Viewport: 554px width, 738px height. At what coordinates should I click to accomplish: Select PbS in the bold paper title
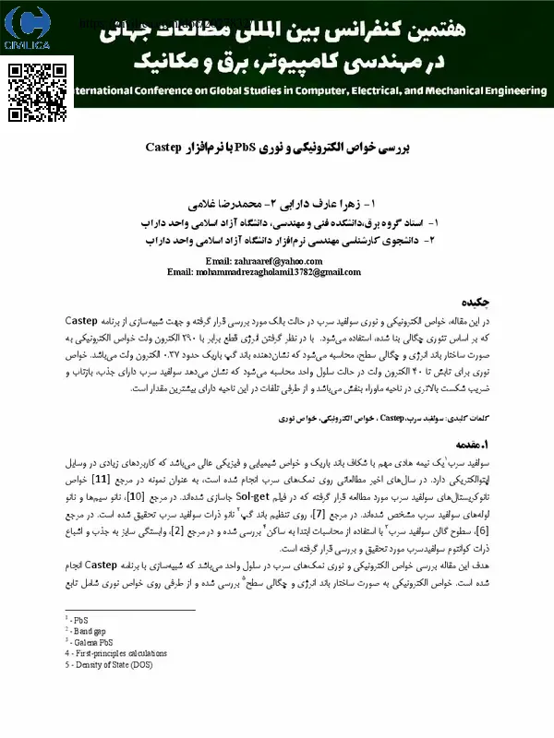(x=247, y=148)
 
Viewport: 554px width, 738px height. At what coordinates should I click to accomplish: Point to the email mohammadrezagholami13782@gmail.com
(x=263, y=272)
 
